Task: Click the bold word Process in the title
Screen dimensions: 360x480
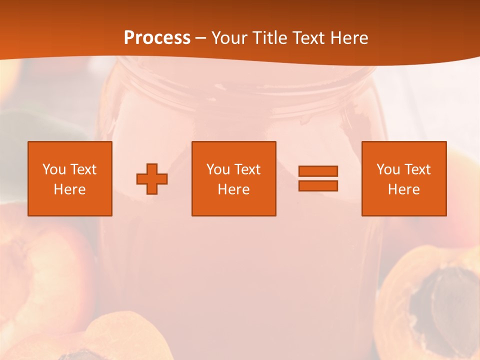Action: tap(157, 38)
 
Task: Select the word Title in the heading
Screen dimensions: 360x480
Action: tap(270, 38)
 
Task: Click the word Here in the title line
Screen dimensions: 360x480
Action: tap(349, 38)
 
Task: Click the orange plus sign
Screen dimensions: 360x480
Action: tap(152, 178)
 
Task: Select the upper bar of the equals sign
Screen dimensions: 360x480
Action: tap(318, 171)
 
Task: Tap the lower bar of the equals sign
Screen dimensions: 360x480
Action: tap(318, 185)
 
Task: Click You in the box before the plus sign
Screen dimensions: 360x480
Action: tap(54, 169)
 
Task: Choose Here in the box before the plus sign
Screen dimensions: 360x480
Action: tap(69, 189)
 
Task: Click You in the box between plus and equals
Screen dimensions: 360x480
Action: tap(218, 169)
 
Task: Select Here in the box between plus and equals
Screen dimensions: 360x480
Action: tap(233, 189)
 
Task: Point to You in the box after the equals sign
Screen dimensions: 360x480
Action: tap(388, 169)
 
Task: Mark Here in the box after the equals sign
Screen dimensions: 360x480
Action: tap(403, 189)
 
